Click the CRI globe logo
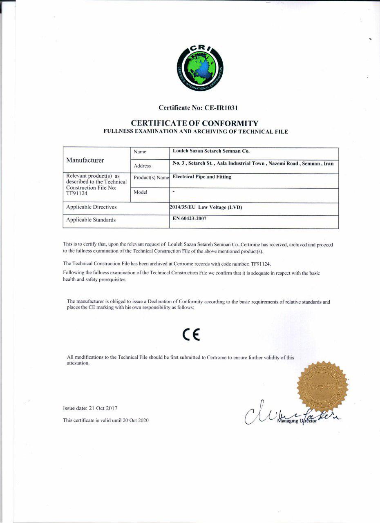(200, 68)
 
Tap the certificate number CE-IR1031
(215, 108)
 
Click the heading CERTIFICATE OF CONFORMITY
(194, 123)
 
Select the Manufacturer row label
(85, 160)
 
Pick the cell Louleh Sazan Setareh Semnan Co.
(211, 151)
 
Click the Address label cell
(142, 166)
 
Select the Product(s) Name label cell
(151, 178)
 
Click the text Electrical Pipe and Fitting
(202, 177)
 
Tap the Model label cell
(140, 192)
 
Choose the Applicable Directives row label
(92, 207)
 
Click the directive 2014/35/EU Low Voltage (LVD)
(206, 208)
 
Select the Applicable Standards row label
(91, 220)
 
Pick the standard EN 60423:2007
(193, 219)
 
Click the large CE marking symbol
(191, 335)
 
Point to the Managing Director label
(297, 421)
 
